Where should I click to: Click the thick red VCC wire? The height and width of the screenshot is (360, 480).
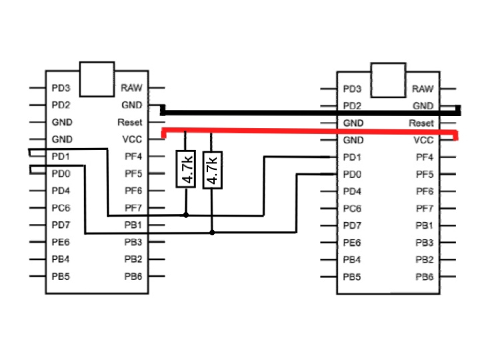pyautogui.click(x=307, y=131)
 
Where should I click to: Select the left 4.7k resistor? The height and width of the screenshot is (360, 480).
pyautogui.click(x=186, y=169)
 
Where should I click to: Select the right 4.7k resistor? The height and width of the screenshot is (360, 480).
pyautogui.click(x=212, y=169)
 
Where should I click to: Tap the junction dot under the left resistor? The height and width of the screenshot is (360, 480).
pyautogui.click(x=186, y=215)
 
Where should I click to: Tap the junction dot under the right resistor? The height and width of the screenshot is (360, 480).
pyautogui.click(x=212, y=233)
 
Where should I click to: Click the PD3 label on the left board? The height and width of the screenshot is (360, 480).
pyautogui.click(x=61, y=88)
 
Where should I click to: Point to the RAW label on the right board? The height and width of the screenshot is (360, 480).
pyautogui.click(x=423, y=89)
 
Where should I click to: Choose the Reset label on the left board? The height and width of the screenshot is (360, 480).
pyautogui.click(x=130, y=123)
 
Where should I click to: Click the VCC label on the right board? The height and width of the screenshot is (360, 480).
pyautogui.click(x=423, y=141)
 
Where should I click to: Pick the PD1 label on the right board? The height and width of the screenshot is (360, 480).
pyautogui.click(x=352, y=158)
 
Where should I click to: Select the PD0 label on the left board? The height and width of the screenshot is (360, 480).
pyautogui.click(x=61, y=173)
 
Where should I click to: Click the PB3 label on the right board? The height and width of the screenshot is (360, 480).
pyautogui.click(x=425, y=243)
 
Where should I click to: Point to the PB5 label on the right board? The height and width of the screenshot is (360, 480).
pyautogui.click(x=352, y=277)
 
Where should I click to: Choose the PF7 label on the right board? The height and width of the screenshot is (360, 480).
pyautogui.click(x=425, y=209)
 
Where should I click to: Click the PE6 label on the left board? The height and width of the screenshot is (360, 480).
pyautogui.click(x=61, y=241)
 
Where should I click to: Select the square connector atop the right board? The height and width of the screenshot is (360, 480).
pyautogui.click(x=388, y=80)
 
